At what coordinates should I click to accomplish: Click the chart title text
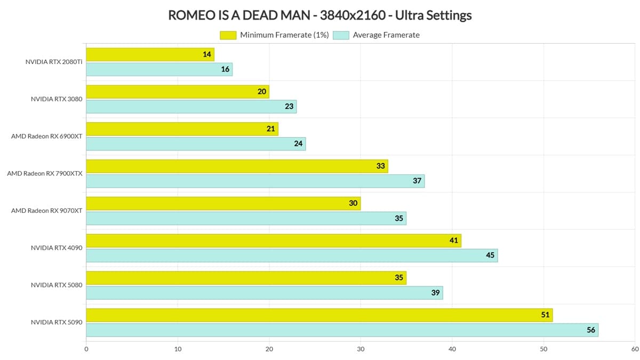pos(319,15)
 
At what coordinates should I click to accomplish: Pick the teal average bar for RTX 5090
pos(341,330)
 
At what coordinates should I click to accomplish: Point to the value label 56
pos(591,330)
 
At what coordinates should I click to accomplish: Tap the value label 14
pos(207,54)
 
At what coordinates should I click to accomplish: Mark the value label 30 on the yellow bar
pos(353,203)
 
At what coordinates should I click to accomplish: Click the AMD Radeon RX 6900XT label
pos(47,136)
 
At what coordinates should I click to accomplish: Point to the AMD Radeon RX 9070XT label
pos(47,211)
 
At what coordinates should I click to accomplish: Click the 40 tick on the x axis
pos(452,349)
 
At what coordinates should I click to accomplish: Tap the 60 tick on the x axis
pos(634,349)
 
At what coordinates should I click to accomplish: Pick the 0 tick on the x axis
pos(86,349)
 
